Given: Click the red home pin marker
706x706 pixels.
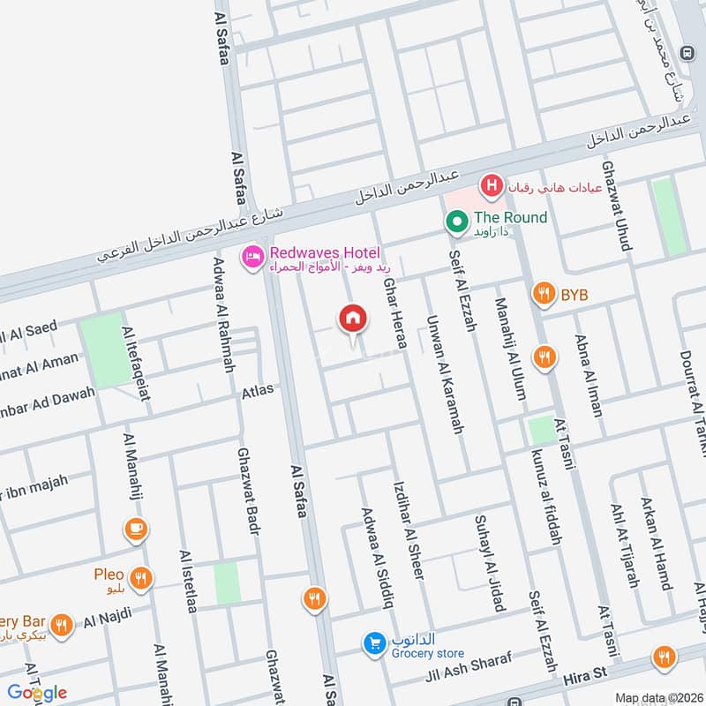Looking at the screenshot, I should tap(353, 319).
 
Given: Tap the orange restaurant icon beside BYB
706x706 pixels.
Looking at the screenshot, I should tap(545, 294).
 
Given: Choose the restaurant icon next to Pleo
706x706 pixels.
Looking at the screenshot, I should tap(140, 579).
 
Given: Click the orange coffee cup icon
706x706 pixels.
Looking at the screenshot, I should tap(135, 529).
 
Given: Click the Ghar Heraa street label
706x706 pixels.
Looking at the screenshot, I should tap(394, 313).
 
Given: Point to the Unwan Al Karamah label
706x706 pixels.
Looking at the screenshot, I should tap(445, 374).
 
